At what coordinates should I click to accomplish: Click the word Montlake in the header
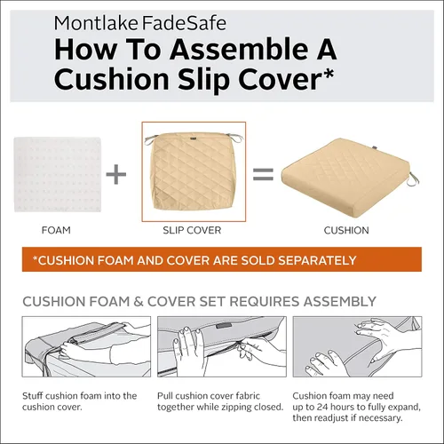pyautogui.click(x=96, y=23)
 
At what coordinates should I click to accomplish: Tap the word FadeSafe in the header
pyautogui.click(x=184, y=23)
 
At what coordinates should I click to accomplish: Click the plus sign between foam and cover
pyautogui.click(x=116, y=174)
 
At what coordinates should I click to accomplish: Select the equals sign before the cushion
pyautogui.click(x=263, y=174)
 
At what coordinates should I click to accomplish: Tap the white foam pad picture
pyautogui.click(x=58, y=174)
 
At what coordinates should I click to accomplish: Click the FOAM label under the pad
pyautogui.click(x=56, y=230)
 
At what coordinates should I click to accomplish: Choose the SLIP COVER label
pyautogui.click(x=192, y=230)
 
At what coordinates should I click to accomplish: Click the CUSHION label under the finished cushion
pyautogui.click(x=346, y=230)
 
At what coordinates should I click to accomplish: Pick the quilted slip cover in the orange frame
pyautogui.click(x=194, y=171)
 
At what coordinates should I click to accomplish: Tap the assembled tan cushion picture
pyautogui.click(x=348, y=178)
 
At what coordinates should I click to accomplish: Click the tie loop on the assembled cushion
pyautogui.click(x=415, y=180)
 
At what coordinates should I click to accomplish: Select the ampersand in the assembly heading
pyautogui.click(x=139, y=302)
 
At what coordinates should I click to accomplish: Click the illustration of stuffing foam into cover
pyautogui.click(x=86, y=346)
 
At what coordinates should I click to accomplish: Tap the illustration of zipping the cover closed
pyautogui.click(x=222, y=346)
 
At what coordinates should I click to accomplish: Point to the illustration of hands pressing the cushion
pyautogui.click(x=357, y=346)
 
